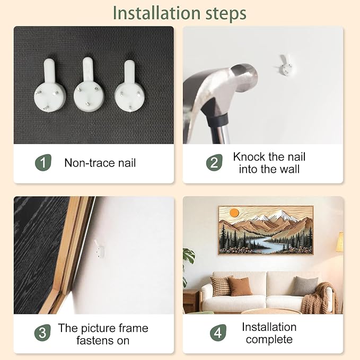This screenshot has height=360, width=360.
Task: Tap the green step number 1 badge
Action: tap(43, 163)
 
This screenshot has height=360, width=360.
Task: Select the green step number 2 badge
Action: tap(214, 163)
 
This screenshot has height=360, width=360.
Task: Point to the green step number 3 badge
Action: tap(42, 332)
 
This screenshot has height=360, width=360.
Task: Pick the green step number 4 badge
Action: tap(218, 332)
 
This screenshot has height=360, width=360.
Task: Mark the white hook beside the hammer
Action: tap(285, 65)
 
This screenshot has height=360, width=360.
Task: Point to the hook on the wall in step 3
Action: tap(100, 249)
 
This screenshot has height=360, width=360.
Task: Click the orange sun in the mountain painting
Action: tap(234, 213)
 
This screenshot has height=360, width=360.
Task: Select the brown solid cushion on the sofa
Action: tap(240, 286)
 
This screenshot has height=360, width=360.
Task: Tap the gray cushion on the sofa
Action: tap(305, 286)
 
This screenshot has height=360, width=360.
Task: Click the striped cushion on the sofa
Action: tap(222, 286)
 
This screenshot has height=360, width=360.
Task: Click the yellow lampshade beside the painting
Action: tap(340, 242)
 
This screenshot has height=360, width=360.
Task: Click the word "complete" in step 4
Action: tap(269, 339)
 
